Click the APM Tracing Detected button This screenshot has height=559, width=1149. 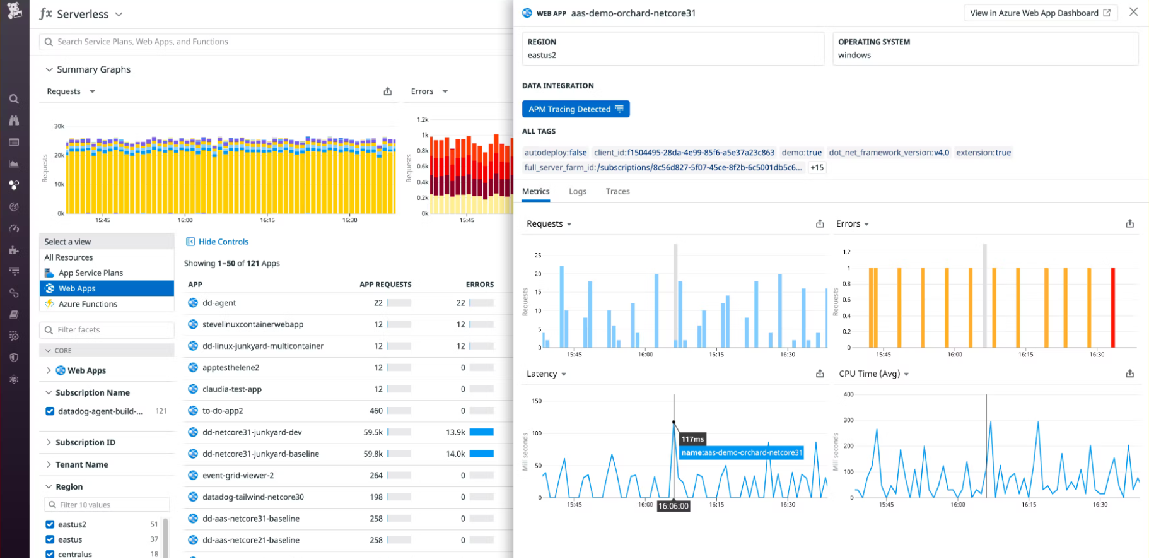tap(575, 109)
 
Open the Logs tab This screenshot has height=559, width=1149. tap(577, 191)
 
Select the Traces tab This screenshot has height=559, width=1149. tap(617, 191)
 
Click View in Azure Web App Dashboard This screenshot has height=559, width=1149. tap(1040, 13)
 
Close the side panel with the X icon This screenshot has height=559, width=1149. tap(1133, 12)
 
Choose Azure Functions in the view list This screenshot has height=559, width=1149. tap(88, 304)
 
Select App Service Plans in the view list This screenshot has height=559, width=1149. tap(90, 273)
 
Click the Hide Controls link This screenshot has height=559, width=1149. tap(223, 242)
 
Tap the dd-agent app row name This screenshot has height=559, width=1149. tap(219, 303)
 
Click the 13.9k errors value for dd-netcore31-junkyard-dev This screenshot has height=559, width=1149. tap(455, 432)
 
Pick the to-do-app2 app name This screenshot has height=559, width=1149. tap(223, 411)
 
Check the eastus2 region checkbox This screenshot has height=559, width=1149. tap(50, 524)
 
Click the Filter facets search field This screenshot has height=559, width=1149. tap(107, 330)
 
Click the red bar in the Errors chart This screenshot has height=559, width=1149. tap(1113, 308)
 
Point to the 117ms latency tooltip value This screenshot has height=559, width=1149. tap(692, 439)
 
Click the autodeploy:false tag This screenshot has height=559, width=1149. tap(555, 153)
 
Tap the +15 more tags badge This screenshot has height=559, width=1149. tap(817, 168)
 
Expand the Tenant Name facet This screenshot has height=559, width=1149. tap(81, 465)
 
